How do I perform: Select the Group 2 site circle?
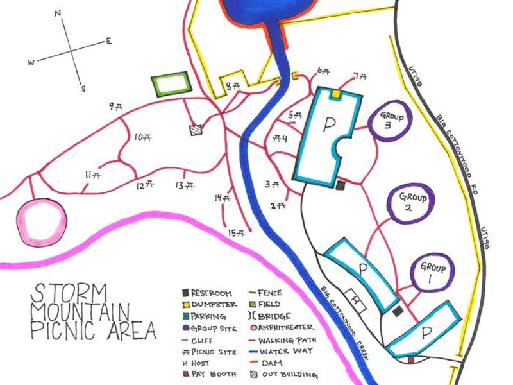coord(412,203)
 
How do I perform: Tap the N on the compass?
coord(58,13)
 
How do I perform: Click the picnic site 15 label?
coord(237,232)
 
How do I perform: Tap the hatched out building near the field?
coord(195,130)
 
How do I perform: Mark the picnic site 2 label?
coord(278,206)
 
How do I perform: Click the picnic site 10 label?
coord(143,137)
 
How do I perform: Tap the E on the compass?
coord(108,41)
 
